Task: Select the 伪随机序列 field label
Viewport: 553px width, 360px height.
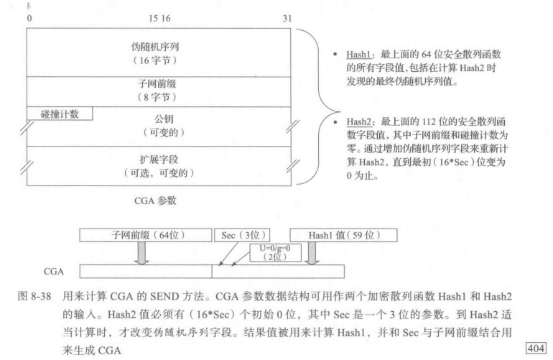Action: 156,46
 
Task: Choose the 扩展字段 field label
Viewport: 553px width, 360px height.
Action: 156,159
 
